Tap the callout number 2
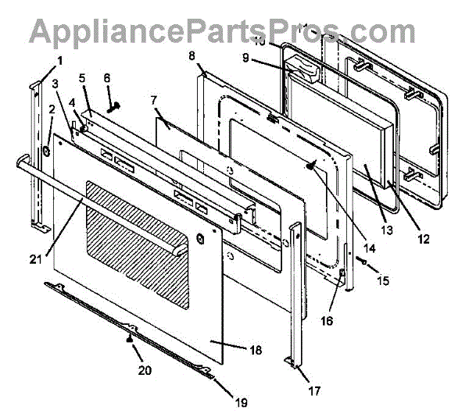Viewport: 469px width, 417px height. pos(51,110)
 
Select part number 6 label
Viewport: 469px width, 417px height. pos(107,78)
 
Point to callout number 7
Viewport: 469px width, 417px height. pos(154,101)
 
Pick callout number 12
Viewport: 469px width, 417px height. pos(423,240)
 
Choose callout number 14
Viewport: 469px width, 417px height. pos(370,248)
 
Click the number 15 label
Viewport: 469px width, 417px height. pos(382,279)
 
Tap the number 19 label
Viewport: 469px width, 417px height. pos(241,403)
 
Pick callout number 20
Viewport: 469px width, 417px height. pos(144,371)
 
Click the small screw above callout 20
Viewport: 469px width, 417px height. pos(127,338)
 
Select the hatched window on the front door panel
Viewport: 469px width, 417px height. pos(137,242)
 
